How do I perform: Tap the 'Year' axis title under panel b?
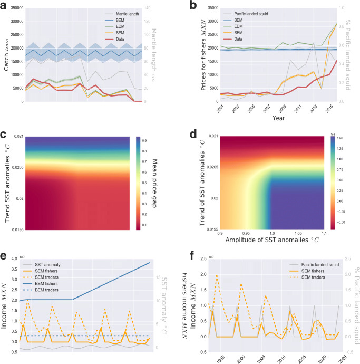(x=280, y=119)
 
